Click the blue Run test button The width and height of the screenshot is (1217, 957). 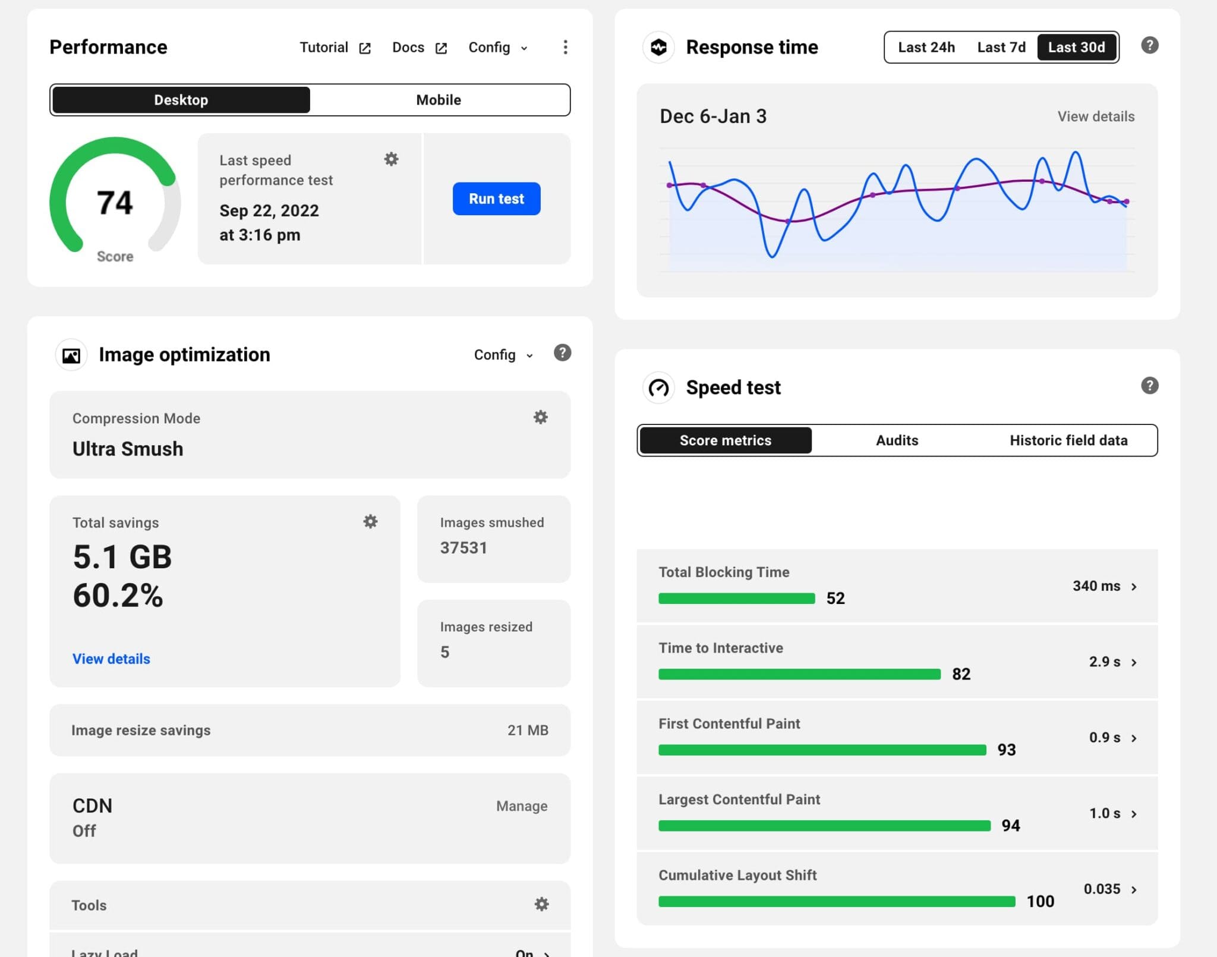point(496,199)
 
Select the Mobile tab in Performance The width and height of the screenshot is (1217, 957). point(439,100)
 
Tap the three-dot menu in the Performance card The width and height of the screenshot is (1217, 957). point(565,47)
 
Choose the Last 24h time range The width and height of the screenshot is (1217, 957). point(926,48)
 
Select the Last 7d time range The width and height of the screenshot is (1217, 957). point(1001,48)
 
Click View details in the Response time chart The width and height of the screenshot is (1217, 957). point(1096,117)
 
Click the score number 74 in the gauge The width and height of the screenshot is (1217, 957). point(115,203)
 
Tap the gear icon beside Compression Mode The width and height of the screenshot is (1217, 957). point(540,417)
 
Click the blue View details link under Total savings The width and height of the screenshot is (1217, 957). point(111,659)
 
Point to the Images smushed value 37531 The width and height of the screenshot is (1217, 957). point(464,547)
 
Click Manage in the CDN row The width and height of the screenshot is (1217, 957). point(522,806)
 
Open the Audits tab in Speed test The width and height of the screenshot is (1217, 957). point(897,440)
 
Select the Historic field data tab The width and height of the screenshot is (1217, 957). point(1068,440)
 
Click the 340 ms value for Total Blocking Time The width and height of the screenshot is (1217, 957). point(1096,586)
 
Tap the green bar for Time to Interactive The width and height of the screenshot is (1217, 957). point(799,674)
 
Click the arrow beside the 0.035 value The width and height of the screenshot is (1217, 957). point(1134,890)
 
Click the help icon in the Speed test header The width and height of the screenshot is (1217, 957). point(1149,386)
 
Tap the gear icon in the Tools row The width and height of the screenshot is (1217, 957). point(541,904)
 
